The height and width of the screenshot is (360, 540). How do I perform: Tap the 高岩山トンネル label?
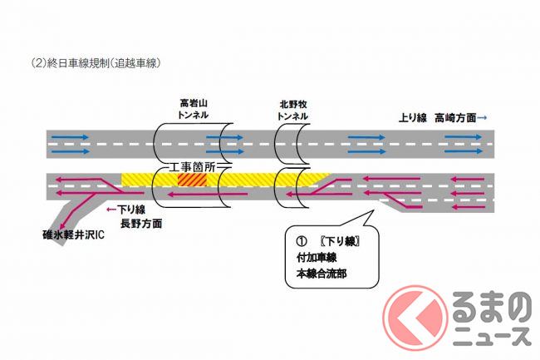194,108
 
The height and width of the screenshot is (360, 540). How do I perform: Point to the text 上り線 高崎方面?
438,119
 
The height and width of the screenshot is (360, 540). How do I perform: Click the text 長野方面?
140,224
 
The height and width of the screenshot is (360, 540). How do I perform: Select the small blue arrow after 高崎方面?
483,119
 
